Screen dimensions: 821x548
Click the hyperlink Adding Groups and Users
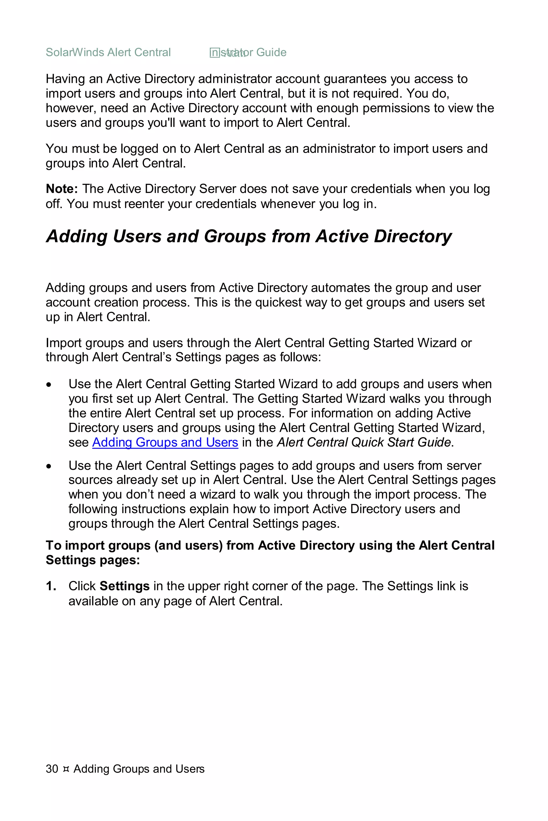click(165, 442)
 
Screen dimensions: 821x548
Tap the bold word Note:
click(62, 189)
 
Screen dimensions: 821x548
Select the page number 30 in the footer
click(52, 769)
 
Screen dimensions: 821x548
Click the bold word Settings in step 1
click(124, 586)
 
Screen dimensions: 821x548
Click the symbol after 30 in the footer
click(66, 769)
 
